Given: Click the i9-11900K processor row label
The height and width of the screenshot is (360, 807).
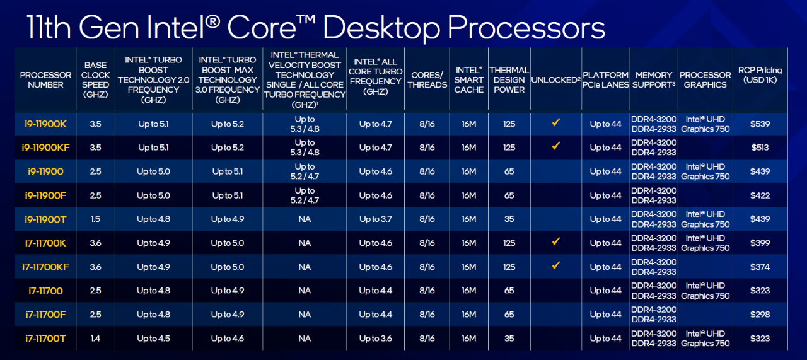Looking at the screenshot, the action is [45, 124].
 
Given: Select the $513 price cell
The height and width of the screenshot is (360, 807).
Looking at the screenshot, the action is [760, 148].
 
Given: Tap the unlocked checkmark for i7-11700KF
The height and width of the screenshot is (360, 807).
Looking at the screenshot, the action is [556, 265].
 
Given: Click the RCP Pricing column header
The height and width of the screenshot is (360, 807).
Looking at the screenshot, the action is [760, 75].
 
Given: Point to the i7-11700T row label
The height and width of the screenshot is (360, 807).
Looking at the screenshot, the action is [45, 339].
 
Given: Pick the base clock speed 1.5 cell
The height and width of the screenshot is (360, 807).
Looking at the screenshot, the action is [95, 219].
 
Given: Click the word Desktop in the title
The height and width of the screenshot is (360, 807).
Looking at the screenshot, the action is [381, 28].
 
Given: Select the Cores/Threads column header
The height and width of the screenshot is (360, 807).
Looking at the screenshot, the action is [427, 79].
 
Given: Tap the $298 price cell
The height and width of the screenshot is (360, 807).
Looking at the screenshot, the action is [760, 315].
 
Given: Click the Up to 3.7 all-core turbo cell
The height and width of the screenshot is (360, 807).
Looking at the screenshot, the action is [375, 219].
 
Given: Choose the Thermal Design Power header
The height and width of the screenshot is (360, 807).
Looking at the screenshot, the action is [509, 79].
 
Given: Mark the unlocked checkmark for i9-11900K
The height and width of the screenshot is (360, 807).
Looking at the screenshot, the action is [556, 122].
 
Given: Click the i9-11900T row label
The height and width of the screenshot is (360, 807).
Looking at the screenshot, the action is [45, 219].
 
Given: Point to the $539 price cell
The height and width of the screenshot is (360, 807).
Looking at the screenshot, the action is [760, 124].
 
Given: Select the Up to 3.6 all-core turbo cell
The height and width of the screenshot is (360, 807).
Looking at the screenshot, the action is [375, 339].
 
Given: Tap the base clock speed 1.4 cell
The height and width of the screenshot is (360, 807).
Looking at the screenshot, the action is [95, 339].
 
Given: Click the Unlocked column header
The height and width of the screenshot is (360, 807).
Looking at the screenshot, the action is [555, 79].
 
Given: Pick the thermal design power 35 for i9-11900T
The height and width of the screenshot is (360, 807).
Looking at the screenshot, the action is [509, 219].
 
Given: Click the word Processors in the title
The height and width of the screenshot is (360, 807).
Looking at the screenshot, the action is [526, 28].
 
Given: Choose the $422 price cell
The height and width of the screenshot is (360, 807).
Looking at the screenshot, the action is [760, 195].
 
